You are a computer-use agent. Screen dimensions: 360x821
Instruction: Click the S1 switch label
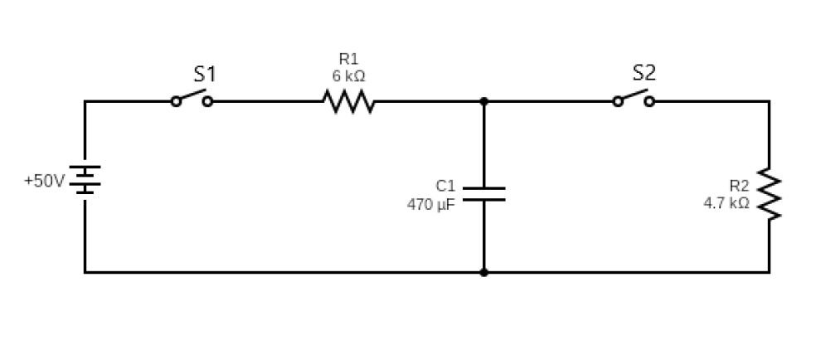pos(204,74)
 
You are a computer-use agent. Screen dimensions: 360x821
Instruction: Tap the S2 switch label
pos(644,73)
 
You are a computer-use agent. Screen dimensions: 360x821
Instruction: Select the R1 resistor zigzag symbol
pos(348,101)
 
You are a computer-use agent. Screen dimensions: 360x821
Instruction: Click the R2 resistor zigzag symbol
pos(769,196)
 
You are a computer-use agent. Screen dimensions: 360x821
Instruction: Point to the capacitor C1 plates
pos(483,194)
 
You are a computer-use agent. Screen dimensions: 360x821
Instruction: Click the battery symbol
pos(85,179)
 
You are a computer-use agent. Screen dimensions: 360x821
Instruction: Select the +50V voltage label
pos(43,181)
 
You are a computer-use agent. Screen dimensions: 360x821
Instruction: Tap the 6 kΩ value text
pos(348,75)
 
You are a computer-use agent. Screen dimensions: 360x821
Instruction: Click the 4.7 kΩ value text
pos(726,202)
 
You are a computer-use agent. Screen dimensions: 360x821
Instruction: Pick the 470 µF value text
pos(430,203)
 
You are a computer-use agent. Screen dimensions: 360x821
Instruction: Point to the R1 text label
pos(348,59)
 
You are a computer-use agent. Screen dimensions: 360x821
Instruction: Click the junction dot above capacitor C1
pos(483,101)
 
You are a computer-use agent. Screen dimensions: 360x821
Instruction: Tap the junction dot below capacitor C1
pos(483,272)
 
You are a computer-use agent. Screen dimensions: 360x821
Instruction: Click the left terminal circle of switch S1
pos(175,101)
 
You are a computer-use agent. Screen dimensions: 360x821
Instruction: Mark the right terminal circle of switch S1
pos(207,101)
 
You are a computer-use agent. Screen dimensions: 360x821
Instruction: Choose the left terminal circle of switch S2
pos(617,101)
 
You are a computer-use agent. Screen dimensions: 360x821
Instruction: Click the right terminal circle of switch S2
pos(649,101)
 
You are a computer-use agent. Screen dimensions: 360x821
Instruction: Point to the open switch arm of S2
pos(634,95)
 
